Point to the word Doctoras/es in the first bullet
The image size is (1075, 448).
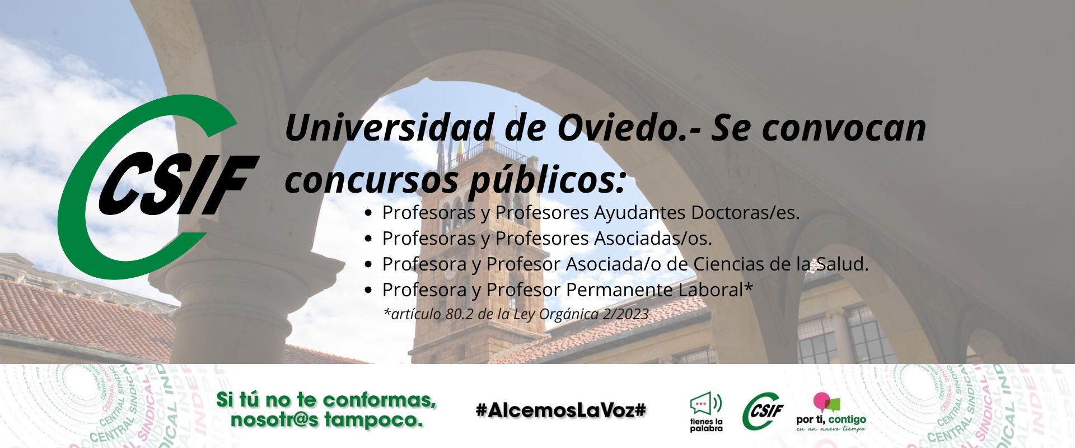(x=745, y=213)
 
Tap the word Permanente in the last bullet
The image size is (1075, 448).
(x=619, y=290)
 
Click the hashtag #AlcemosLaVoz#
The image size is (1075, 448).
(x=561, y=410)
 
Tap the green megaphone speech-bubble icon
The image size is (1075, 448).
(x=706, y=404)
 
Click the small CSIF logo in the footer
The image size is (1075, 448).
(x=763, y=411)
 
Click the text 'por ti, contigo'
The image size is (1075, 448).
(x=831, y=419)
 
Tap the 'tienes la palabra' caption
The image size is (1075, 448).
(x=706, y=425)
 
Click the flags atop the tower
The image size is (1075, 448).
(x=451, y=148)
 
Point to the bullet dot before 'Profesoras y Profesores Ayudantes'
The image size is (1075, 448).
(x=368, y=213)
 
